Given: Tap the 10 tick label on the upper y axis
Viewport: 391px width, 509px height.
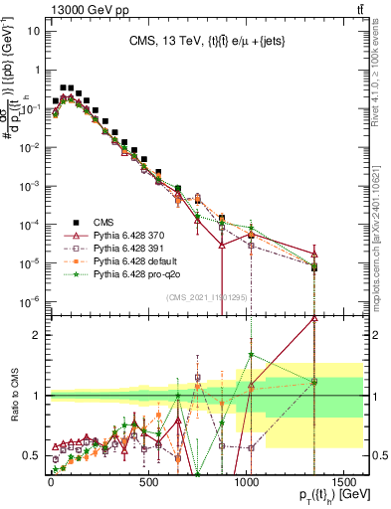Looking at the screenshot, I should coord(33,30).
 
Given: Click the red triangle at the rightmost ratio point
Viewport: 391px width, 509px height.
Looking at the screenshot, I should coord(314,318).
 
